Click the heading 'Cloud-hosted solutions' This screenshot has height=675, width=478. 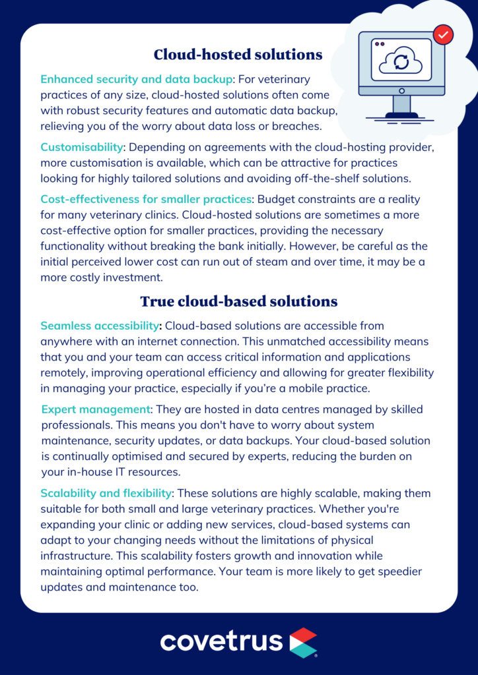[238, 54]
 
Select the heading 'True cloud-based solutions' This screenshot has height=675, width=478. [238, 301]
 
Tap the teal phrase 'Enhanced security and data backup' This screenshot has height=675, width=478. [137, 79]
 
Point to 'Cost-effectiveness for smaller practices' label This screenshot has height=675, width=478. [146, 199]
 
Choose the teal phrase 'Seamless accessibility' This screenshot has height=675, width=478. [100, 326]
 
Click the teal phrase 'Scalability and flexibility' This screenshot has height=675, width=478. [106, 493]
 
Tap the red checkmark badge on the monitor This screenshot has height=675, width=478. [442, 34]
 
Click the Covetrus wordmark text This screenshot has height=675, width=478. [221, 641]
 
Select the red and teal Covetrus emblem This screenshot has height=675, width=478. [303, 642]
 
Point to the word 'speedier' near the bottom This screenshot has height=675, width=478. [401, 572]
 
